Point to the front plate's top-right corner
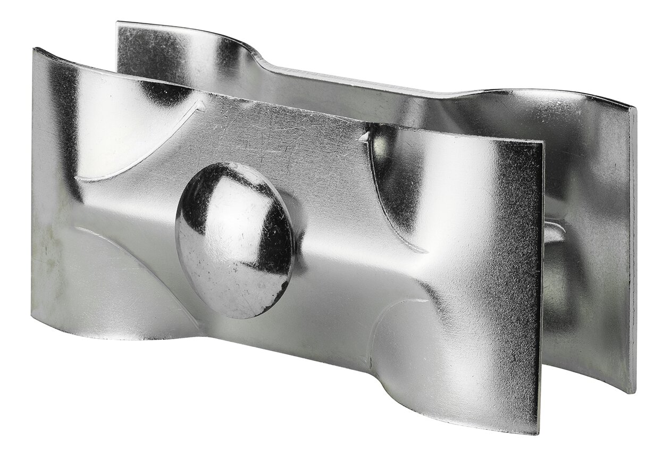tap(542, 143)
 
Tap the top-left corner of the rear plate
tap(118, 23)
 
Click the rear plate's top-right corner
tap(634, 108)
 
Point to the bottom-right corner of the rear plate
tap(633, 393)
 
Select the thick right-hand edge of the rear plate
tap(633, 250)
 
